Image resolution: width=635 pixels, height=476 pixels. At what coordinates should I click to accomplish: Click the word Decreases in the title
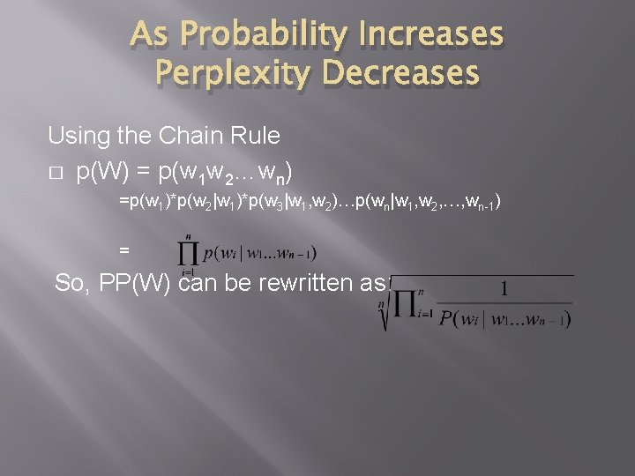click(x=404, y=73)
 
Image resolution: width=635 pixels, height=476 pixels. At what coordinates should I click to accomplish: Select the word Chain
click(x=188, y=137)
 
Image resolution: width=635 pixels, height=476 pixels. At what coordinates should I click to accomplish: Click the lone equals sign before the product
click(x=123, y=251)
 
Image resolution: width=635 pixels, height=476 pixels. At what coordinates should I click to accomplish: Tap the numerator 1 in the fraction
click(x=504, y=289)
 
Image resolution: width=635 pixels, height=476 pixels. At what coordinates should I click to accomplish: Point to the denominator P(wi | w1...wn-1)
click(x=504, y=317)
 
